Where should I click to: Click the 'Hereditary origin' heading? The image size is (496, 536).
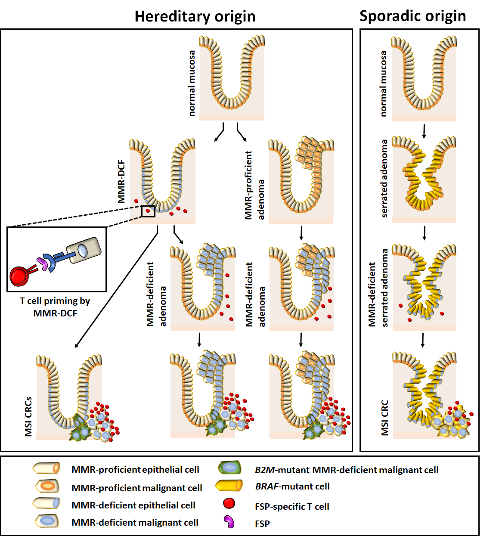(195, 16)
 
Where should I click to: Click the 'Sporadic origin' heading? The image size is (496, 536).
(412, 16)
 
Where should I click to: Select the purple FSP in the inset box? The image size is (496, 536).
(43, 263)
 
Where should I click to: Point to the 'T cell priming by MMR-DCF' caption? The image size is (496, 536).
(55, 307)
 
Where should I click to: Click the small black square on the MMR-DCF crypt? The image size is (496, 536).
(148, 211)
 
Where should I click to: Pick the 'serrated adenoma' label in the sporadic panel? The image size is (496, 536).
(384, 178)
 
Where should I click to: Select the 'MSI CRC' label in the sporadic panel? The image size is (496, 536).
(384, 418)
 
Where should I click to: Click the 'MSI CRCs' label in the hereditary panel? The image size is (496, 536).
(28, 416)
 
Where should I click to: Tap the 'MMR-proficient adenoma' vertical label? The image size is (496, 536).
(254, 185)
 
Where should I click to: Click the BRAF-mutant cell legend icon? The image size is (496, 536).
(229, 486)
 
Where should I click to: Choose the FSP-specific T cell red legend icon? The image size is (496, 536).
(229, 503)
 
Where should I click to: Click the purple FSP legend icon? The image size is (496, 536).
(229, 522)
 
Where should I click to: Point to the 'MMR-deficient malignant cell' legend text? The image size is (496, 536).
(135, 523)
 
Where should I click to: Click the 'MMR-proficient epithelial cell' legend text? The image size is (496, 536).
(135, 470)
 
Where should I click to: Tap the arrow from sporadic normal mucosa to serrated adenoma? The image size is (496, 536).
(424, 131)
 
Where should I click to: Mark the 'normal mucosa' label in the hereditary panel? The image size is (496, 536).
(192, 83)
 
